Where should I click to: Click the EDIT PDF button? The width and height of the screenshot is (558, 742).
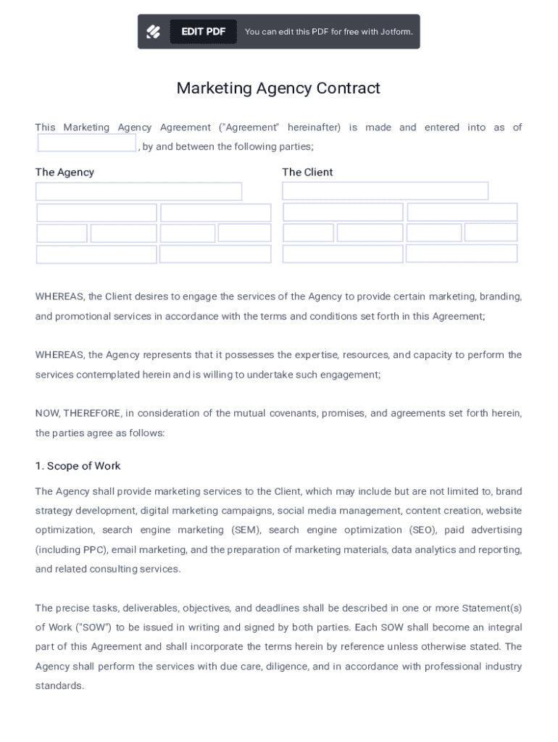coord(203,32)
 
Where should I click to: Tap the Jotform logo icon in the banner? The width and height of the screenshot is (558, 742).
coord(154,32)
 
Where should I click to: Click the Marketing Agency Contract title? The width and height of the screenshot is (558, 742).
coord(278,88)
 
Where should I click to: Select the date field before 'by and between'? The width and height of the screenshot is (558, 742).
coord(87,143)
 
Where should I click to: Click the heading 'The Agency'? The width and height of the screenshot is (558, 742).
coord(64,172)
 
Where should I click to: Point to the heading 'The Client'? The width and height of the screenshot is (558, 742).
coord(307,172)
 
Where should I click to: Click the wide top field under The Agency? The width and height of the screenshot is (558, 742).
coord(138,192)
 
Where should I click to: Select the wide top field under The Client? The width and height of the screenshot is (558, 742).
coord(385,191)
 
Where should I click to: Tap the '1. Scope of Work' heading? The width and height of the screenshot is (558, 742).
coord(78,466)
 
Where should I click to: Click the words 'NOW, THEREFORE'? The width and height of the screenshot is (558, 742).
coord(78,414)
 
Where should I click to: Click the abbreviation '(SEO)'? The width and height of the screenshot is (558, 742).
coord(422,530)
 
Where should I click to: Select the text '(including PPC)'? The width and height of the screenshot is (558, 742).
coord(70,550)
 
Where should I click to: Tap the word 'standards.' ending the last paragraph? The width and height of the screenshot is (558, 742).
coord(60,685)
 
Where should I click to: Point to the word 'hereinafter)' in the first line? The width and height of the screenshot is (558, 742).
coord(314,128)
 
